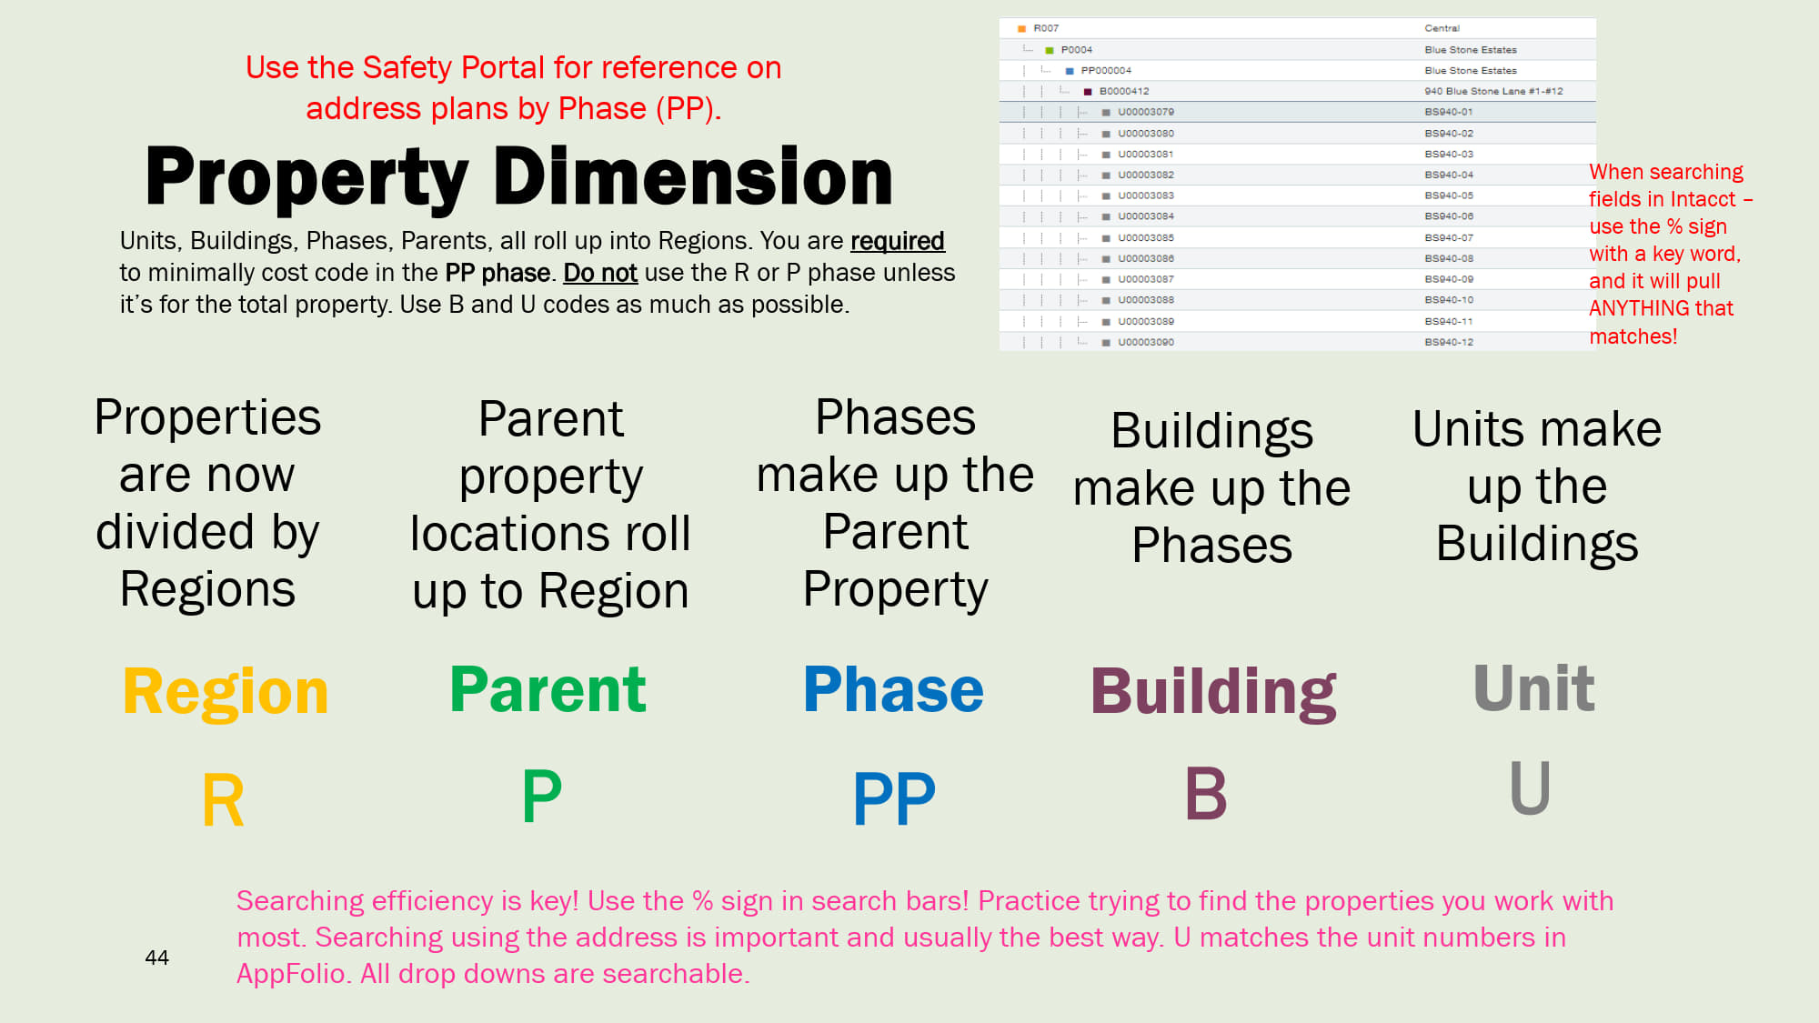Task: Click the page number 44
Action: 156,958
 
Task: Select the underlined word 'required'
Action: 897,241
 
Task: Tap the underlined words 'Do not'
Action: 600,273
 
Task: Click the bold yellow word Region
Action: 226,692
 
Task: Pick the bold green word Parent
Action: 548,689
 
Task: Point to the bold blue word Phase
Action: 893,689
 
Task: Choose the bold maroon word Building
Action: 1213,693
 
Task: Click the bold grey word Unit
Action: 1533,688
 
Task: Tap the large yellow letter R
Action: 223,800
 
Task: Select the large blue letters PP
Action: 894,798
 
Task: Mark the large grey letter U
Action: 1530,787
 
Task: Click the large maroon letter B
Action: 1206,793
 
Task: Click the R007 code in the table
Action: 1046,28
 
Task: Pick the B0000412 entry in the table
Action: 1124,91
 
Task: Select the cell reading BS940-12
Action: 1449,342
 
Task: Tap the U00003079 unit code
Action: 1146,112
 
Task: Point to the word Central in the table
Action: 1442,28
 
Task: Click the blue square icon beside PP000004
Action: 1070,71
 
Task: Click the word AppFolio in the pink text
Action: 291,974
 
